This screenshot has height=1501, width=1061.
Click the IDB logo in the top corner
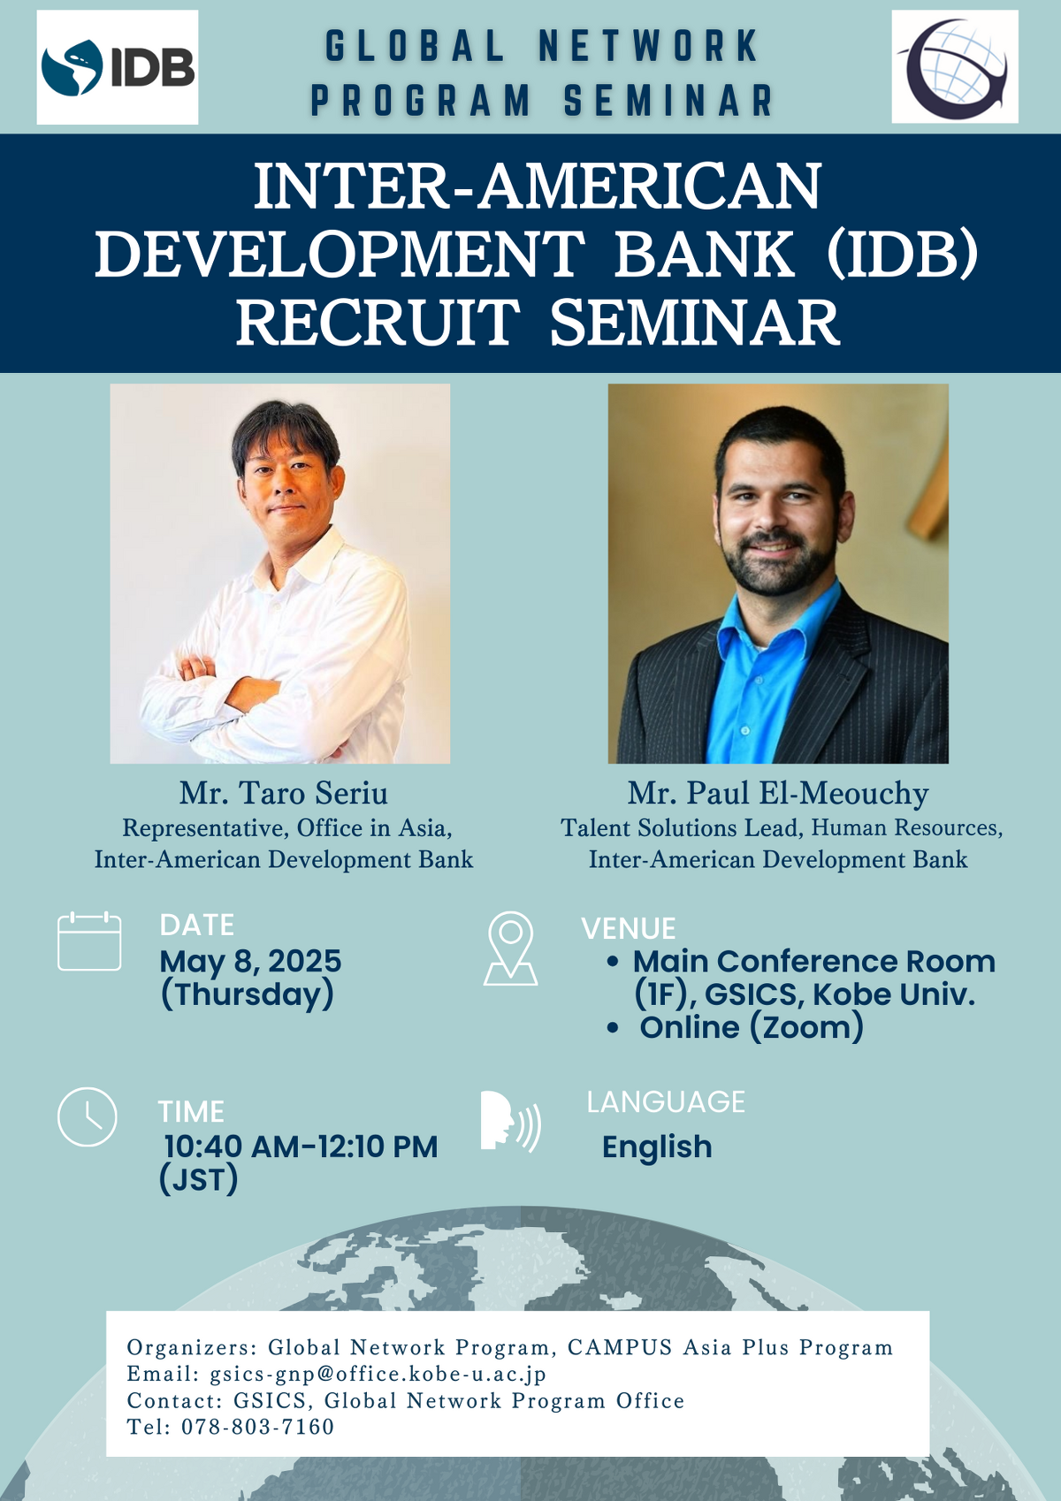118,67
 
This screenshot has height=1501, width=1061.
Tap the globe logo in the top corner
954,67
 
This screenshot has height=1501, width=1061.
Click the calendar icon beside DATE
89,941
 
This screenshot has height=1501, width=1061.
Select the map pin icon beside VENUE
510,948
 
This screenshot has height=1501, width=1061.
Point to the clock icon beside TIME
88,1117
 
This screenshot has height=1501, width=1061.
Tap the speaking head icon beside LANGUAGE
510,1121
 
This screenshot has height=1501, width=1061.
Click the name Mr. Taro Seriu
284,794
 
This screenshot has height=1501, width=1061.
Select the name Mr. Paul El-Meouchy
778,794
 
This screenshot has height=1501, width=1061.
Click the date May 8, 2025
250,961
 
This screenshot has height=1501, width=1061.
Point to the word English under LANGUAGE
657,1147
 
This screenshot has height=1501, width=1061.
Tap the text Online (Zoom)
752,1027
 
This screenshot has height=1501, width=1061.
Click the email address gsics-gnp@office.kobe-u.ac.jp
378,1374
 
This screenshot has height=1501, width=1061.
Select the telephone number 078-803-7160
257,1427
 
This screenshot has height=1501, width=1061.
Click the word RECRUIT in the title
378,323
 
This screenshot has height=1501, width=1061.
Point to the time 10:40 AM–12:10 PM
301,1147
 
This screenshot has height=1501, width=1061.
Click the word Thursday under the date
248,994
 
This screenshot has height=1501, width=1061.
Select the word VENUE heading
629,929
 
